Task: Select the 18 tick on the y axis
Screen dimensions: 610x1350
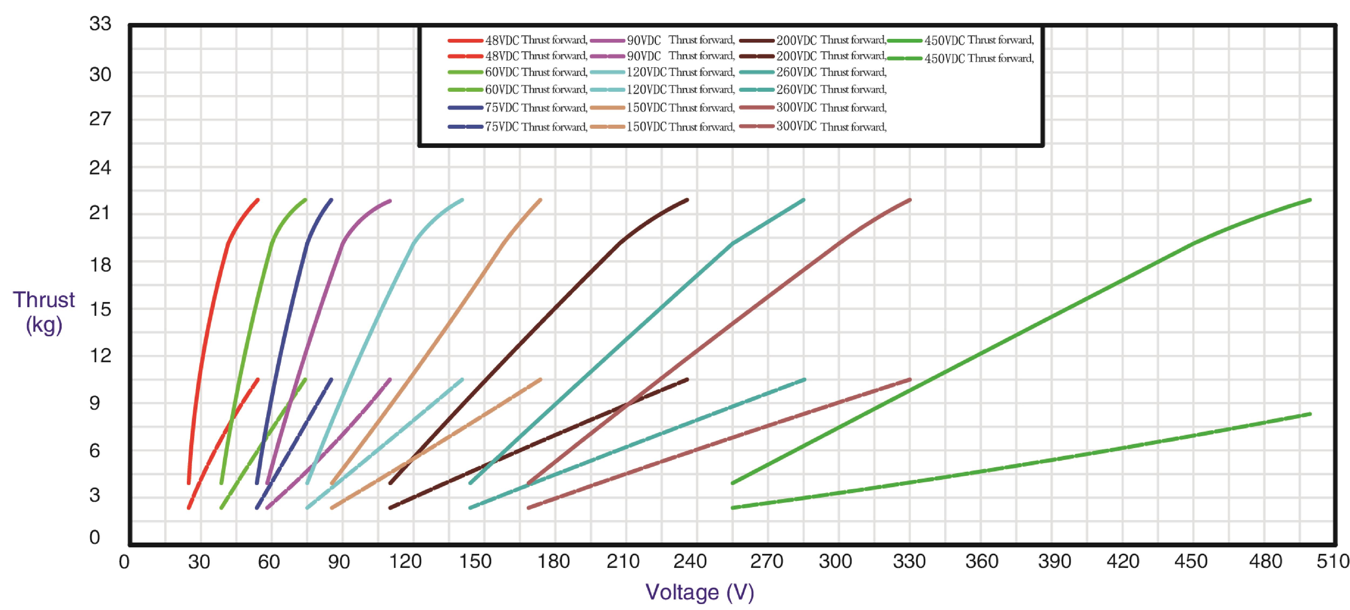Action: click(x=100, y=265)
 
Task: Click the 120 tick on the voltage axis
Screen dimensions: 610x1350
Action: click(x=405, y=562)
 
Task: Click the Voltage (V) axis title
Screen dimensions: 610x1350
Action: click(x=700, y=592)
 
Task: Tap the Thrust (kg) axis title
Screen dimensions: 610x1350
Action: click(x=44, y=312)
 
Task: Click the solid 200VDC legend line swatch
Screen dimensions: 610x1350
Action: click(x=756, y=40)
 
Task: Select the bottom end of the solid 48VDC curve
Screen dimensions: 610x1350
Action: click(x=189, y=483)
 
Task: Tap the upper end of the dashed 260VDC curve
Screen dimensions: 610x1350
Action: click(x=804, y=379)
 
